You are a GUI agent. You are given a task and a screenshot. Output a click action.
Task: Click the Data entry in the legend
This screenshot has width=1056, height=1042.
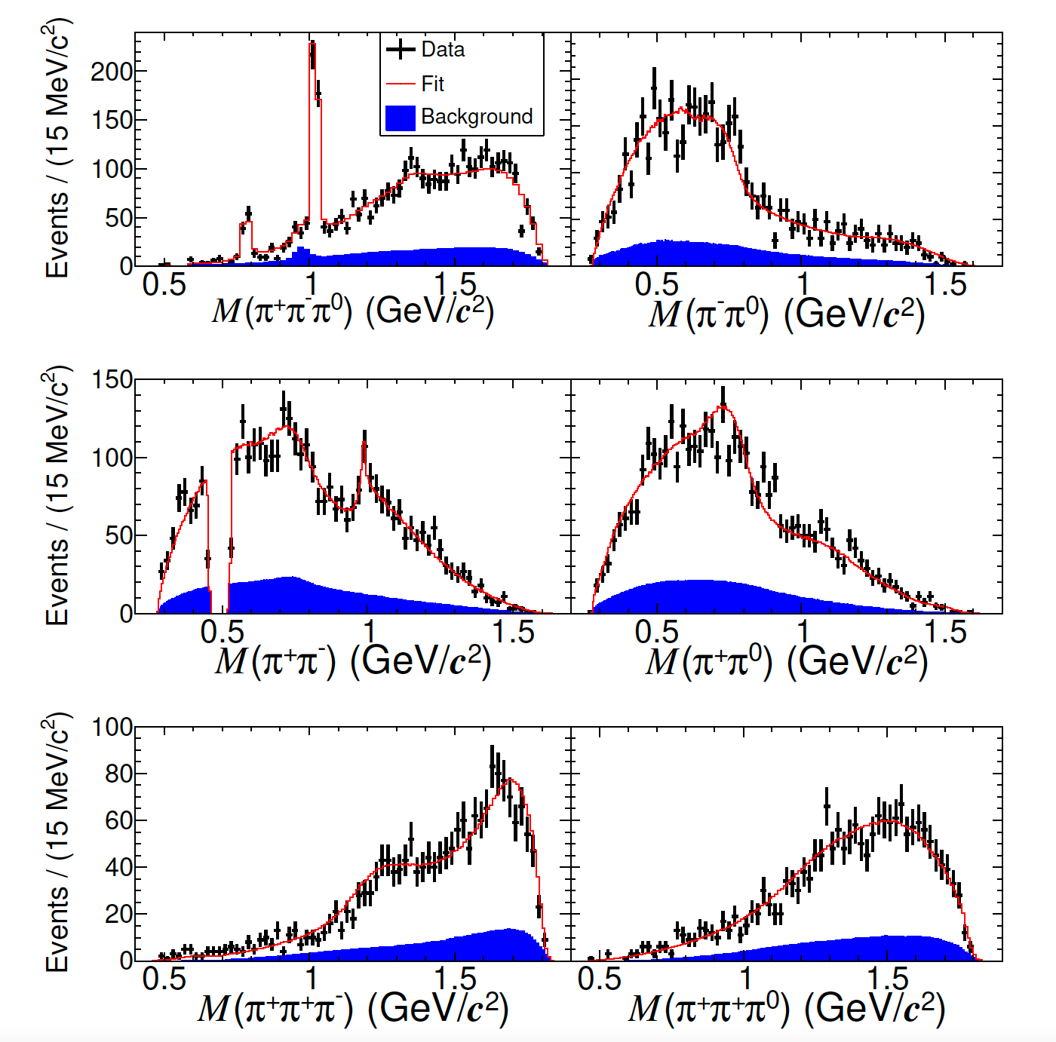click(x=442, y=50)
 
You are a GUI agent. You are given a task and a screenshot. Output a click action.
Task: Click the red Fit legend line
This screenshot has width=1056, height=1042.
click(x=401, y=84)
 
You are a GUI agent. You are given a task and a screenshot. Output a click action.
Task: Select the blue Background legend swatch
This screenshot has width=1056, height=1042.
click(x=400, y=117)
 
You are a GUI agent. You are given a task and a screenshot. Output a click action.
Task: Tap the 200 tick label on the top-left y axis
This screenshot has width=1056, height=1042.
click(x=111, y=72)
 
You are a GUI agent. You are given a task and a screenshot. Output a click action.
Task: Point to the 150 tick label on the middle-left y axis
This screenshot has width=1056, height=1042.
click(x=111, y=379)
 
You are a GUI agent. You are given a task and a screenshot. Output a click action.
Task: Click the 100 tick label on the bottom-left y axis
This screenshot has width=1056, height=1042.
click(x=111, y=728)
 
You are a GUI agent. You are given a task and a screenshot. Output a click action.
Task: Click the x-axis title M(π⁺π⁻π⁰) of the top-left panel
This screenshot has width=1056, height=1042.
click(x=352, y=310)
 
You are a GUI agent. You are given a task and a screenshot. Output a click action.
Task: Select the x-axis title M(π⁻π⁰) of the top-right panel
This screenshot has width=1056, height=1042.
click(x=786, y=313)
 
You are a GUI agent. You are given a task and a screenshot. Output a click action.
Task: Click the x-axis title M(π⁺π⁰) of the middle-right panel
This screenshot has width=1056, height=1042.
click(x=786, y=661)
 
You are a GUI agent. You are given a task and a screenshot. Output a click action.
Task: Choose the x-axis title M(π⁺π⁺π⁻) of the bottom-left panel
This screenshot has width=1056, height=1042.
click(x=352, y=1008)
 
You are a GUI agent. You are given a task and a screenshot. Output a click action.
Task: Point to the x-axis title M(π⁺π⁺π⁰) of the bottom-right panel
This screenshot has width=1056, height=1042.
click(x=786, y=1008)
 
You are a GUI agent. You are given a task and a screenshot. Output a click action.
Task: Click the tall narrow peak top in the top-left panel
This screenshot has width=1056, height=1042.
click(x=312, y=45)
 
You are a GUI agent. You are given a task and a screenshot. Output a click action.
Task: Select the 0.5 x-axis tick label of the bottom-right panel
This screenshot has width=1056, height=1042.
click(x=600, y=979)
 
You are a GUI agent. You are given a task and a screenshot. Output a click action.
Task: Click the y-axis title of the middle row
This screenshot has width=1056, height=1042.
click(x=57, y=496)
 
